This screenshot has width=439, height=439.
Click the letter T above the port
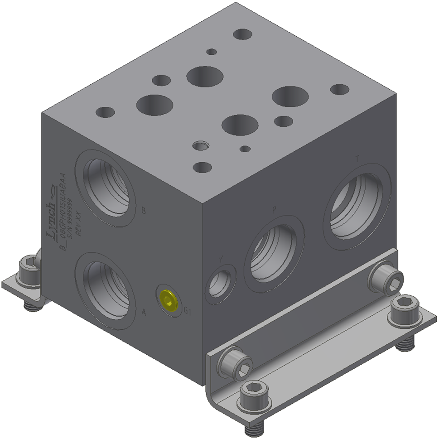point(357,159)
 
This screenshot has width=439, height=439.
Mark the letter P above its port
point(274,209)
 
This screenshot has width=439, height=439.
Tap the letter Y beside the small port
point(221,259)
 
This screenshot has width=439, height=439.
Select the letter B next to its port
point(144,210)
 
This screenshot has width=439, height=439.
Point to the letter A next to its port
point(144,312)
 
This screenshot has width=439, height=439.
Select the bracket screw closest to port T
point(386,279)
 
